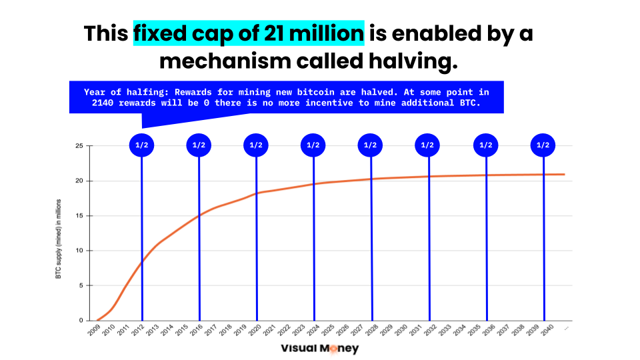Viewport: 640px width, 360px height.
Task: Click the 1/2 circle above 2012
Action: coord(141,145)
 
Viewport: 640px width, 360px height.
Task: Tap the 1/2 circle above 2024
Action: coord(313,145)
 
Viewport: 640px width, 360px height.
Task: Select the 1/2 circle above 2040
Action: coord(543,145)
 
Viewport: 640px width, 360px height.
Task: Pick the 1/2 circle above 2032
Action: coord(428,145)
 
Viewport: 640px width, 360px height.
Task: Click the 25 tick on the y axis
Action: coord(79,146)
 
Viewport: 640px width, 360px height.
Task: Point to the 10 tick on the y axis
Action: coord(79,251)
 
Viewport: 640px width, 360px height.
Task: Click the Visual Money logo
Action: coord(319,348)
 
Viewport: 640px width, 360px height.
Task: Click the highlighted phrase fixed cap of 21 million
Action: coord(249,33)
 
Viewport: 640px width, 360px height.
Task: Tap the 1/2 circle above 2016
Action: coord(199,145)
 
